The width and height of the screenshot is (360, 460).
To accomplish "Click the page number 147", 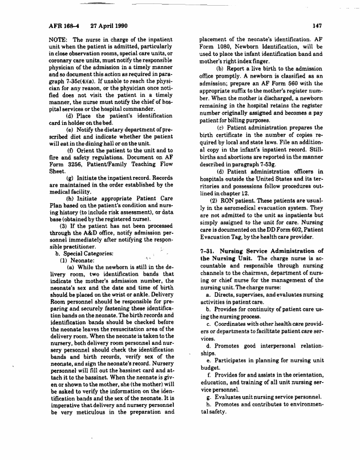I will tap(317, 26).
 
